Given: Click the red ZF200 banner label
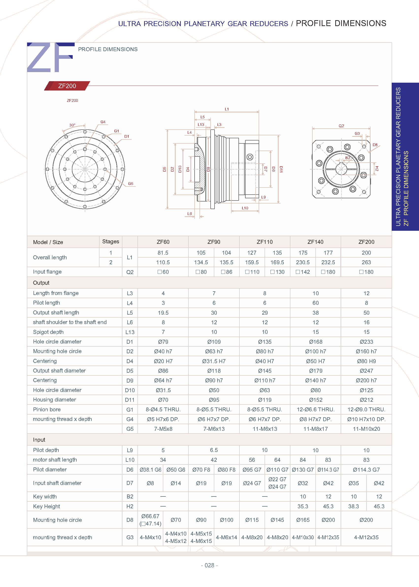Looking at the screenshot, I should (x=67, y=86).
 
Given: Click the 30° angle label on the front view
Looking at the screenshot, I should (x=72, y=125).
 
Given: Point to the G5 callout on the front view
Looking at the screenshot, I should (x=131, y=184).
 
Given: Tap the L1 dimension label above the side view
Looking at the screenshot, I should (x=227, y=109).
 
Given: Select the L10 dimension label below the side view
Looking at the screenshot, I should (x=245, y=208).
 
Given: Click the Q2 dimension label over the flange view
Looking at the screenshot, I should (x=341, y=126).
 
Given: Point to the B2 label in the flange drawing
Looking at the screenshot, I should (x=348, y=158).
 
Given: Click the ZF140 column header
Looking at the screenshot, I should (x=315, y=242).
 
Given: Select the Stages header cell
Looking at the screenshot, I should (x=110, y=241).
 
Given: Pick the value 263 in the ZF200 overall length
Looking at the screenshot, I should (x=366, y=262).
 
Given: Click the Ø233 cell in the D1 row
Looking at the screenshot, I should (x=366, y=342).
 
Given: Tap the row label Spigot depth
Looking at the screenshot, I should (x=48, y=332).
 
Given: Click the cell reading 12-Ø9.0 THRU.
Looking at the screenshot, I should (x=366, y=409).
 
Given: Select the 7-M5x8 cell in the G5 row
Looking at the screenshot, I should (x=163, y=429).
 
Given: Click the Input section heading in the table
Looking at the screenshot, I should (x=39, y=440).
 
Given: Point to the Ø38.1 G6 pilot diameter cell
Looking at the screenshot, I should (x=151, y=470).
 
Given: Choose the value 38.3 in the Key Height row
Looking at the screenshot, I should (x=353, y=506).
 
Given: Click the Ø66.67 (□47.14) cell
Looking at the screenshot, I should (x=151, y=520).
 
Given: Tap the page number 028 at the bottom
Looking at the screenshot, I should (x=209, y=565).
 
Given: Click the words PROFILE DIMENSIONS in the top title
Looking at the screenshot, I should (x=341, y=23).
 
